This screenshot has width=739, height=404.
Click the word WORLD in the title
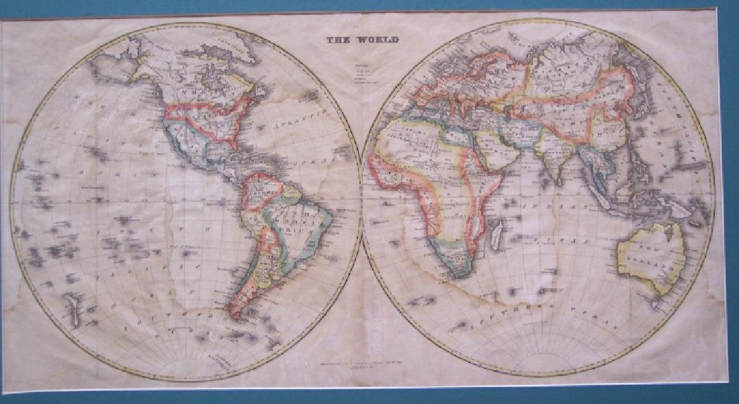point(380,40)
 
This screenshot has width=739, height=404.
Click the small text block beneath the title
point(363,73)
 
